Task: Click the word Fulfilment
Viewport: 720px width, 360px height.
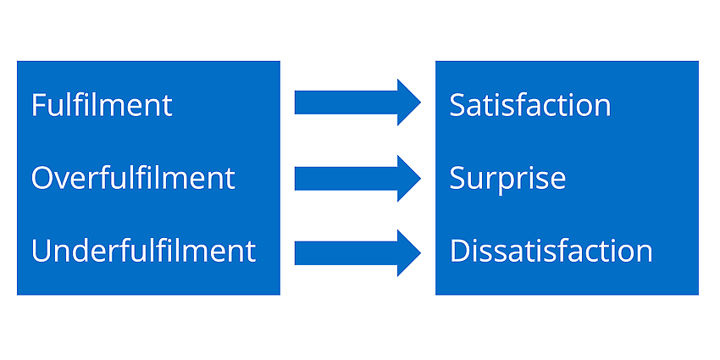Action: click(x=102, y=105)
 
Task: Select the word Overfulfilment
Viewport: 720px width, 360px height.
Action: click(x=133, y=178)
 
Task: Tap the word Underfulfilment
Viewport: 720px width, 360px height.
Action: click(x=143, y=251)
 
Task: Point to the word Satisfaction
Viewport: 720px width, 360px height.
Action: click(x=530, y=105)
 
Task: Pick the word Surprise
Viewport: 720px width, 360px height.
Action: click(x=507, y=179)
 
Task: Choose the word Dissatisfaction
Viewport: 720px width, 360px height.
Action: click(x=551, y=251)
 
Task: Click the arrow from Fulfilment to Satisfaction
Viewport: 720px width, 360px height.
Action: click(x=357, y=102)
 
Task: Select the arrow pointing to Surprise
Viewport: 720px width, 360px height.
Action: click(x=357, y=178)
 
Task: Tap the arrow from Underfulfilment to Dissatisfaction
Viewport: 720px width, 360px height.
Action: click(x=357, y=253)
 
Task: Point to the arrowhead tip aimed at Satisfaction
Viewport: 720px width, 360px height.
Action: click(x=421, y=102)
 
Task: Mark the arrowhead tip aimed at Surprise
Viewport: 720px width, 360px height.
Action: click(x=421, y=178)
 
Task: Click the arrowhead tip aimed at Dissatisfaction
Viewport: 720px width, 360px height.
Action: click(x=421, y=253)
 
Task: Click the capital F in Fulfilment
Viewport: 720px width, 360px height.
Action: click(x=39, y=105)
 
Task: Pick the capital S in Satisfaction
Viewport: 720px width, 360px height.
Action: click(x=457, y=105)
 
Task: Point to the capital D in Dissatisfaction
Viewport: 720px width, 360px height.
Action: click(x=460, y=252)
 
